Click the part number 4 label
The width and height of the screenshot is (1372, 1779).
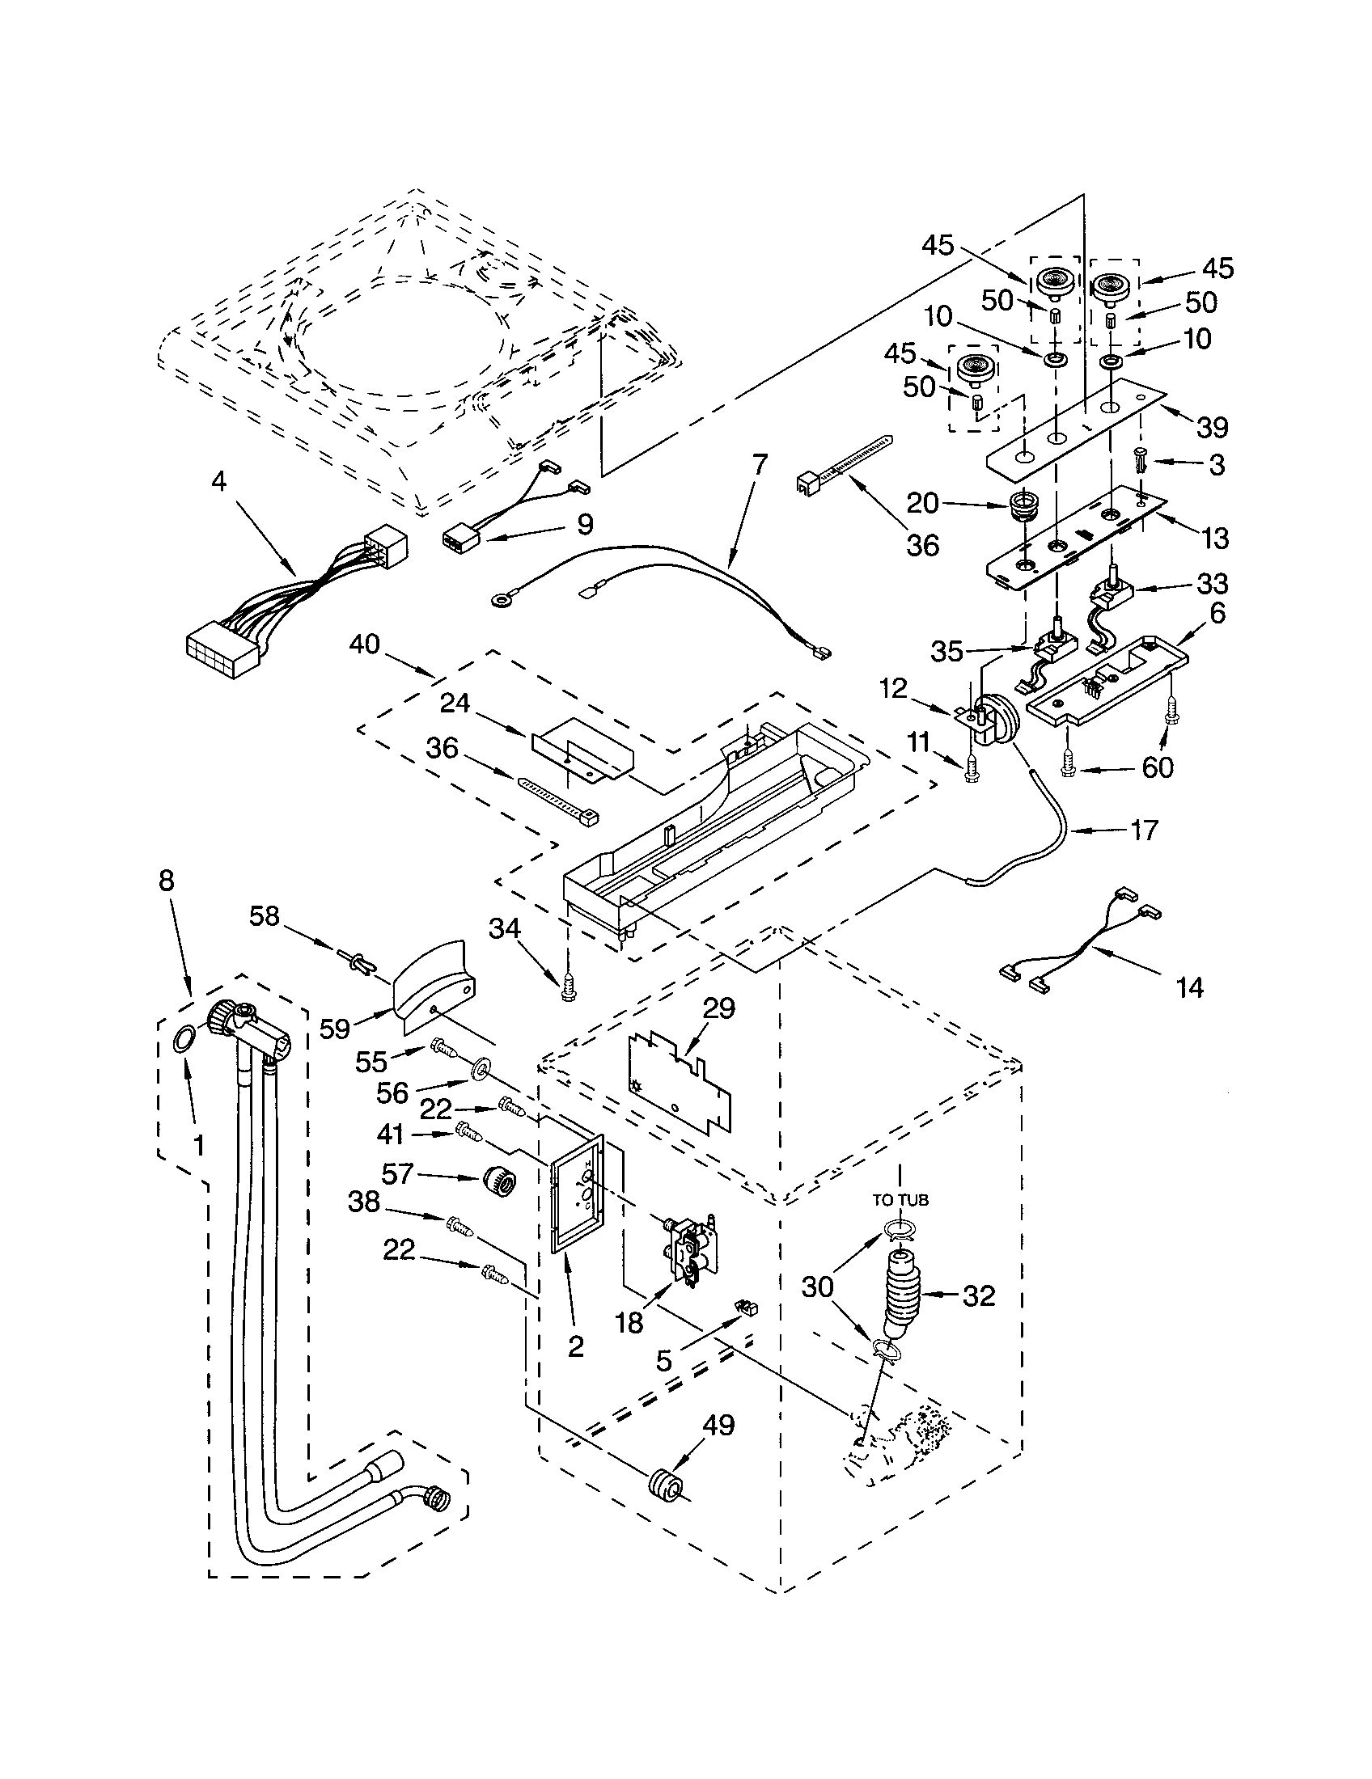pyautogui.click(x=218, y=481)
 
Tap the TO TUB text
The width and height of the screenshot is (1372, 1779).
pyautogui.click(x=900, y=1199)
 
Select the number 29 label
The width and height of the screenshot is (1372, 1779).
pyautogui.click(x=718, y=1008)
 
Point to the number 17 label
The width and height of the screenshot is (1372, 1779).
pyautogui.click(x=1143, y=830)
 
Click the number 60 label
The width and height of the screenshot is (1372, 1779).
pyautogui.click(x=1157, y=767)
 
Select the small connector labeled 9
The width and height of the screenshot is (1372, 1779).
pyautogui.click(x=462, y=539)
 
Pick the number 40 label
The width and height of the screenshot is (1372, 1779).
pyautogui.click(x=364, y=644)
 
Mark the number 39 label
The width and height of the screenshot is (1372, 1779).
pyautogui.click(x=1213, y=426)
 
